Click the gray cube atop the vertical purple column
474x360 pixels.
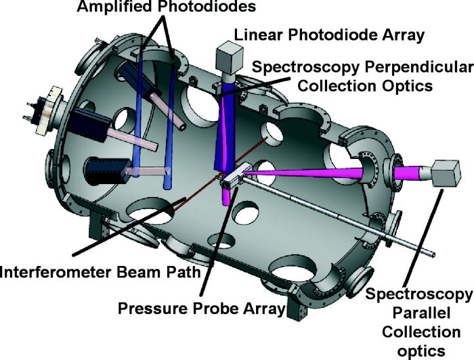pos(230,54)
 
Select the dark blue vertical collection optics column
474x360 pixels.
pos(224,135)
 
